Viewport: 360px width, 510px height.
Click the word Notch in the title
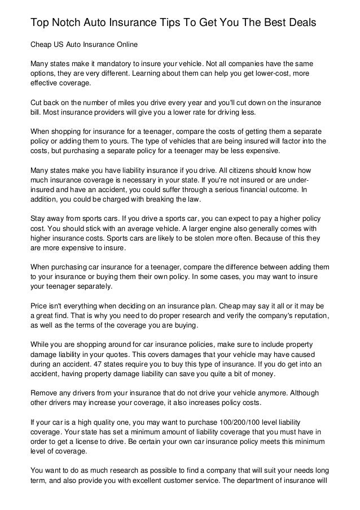tap(69, 22)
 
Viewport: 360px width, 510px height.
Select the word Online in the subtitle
tap(125, 44)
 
